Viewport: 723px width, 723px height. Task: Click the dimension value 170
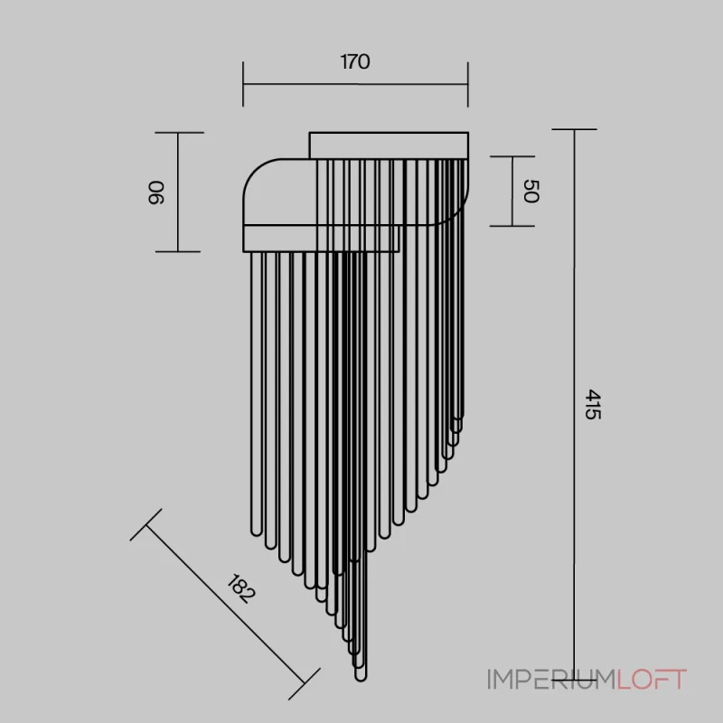355,61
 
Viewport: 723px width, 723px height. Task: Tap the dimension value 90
155,192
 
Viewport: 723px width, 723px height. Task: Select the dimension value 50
531,191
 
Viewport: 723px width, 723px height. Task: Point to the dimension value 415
593,404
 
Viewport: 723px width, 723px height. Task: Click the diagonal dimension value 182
241,588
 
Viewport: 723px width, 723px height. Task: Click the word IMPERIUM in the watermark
552,680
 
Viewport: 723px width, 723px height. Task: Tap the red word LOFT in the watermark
652,680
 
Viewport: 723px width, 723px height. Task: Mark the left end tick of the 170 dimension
243,84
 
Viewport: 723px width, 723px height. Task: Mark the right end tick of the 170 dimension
468,84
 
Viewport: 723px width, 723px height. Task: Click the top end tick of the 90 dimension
179,133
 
